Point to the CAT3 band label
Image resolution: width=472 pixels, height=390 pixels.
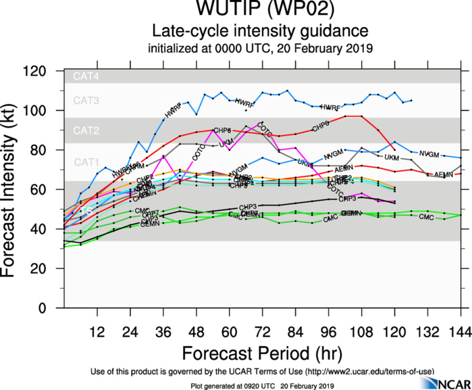[86, 101]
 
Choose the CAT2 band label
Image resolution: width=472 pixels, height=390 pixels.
[86, 130]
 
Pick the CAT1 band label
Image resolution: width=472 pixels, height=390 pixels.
[86, 162]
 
